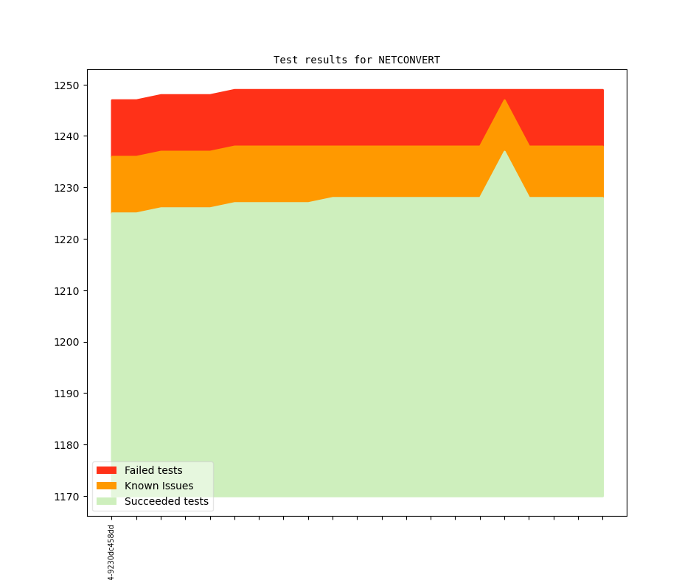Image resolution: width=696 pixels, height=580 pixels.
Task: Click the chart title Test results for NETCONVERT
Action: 356,60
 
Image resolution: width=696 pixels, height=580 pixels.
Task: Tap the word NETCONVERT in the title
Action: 409,60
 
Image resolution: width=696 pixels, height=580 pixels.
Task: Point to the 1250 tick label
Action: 66,85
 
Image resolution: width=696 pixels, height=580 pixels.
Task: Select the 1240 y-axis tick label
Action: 66,136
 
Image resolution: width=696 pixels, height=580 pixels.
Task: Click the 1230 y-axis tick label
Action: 66,188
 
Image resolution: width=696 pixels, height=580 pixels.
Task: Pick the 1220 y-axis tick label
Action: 66,240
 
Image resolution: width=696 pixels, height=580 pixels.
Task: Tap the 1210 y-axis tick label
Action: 66,291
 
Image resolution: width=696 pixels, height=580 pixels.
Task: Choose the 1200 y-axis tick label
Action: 66,342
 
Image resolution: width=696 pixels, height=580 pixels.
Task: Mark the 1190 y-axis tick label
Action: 66,394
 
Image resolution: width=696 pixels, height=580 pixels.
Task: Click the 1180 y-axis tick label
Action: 66,445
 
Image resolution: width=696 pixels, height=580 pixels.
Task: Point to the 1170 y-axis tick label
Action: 66,497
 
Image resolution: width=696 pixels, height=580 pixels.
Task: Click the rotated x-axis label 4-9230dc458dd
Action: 111,553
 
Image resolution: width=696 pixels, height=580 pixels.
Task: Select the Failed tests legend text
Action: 153,470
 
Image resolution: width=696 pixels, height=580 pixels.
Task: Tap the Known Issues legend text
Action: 159,486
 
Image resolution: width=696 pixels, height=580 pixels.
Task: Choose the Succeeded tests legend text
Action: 166,501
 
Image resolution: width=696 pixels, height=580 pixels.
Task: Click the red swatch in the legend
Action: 106,470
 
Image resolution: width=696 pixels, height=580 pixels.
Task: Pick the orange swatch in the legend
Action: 106,486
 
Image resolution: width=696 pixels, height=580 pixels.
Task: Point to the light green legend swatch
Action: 106,501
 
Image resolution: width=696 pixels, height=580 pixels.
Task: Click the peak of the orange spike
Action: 504,100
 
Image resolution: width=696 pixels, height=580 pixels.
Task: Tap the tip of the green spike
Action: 504,152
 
